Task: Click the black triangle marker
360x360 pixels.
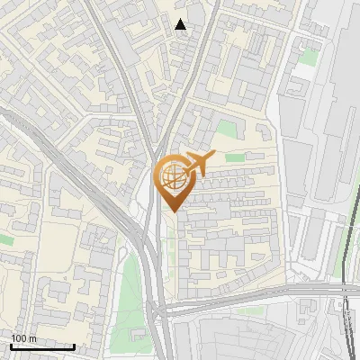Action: point(181,24)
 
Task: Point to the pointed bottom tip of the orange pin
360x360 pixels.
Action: point(172,211)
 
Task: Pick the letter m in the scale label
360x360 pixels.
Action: point(33,337)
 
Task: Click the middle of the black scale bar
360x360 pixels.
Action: point(42,346)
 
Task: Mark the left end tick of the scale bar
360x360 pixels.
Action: point(11,346)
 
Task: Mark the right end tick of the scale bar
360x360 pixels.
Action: point(74,346)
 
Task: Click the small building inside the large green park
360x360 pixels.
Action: point(138,335)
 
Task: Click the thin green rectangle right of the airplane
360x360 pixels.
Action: point(235,158)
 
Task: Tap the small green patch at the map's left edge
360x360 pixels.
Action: point(5,239)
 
